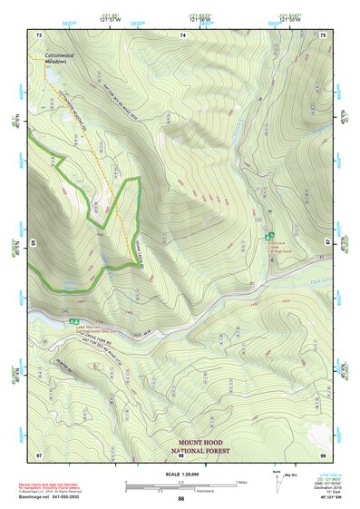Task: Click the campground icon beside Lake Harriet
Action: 73,320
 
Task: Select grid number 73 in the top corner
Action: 39,34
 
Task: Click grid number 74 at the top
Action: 183,34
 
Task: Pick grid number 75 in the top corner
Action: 324,34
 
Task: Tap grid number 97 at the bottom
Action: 39,453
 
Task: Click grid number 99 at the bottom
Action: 324,453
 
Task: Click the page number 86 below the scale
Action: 181,500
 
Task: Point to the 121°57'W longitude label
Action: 110,19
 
